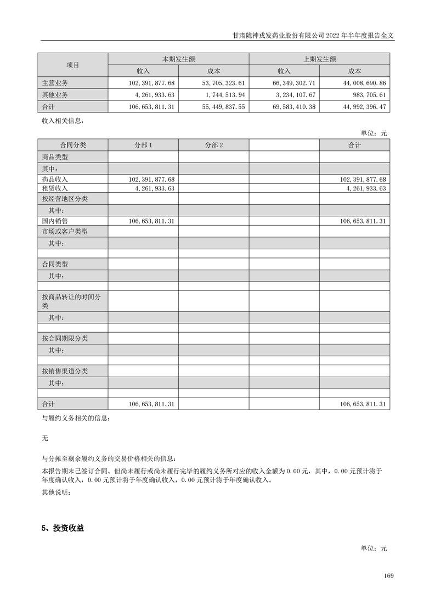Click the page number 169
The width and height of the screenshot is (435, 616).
389,576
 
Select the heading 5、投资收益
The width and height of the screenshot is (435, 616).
63,529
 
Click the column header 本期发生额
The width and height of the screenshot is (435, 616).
178,59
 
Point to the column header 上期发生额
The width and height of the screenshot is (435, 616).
319,59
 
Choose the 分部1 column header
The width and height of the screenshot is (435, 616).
143,145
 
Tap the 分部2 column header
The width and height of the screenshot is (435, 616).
213,145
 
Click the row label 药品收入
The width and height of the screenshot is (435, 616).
55,180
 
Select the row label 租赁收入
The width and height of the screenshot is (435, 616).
55,188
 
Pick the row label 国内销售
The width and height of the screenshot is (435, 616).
55,221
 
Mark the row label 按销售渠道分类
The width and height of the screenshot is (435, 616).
65,371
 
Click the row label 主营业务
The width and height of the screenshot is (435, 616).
55,83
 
